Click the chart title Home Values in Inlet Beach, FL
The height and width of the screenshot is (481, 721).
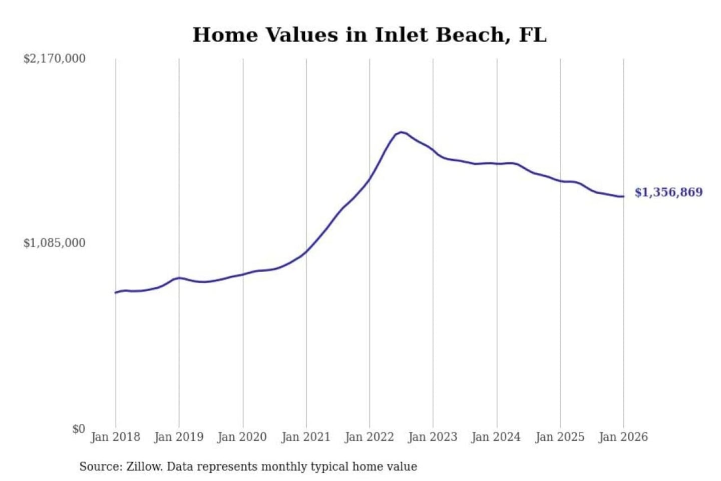370,35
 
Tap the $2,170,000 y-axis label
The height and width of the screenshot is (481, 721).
54,59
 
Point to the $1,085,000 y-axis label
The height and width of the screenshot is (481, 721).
54,243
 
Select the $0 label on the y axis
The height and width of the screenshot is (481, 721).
79,429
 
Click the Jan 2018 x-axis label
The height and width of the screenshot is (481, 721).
115,437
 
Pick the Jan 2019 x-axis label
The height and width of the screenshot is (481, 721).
179,437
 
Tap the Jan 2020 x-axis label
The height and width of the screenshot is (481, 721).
242,437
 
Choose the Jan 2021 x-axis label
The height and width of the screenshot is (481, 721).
306,437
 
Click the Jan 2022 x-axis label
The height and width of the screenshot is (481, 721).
370,437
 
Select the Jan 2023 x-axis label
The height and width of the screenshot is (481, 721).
433,437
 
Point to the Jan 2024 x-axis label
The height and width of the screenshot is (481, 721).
496,437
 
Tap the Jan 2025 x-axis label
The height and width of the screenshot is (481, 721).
560,437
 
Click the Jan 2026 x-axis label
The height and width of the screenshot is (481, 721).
623,437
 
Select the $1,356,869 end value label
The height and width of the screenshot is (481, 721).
668,192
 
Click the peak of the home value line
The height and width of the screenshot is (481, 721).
401,132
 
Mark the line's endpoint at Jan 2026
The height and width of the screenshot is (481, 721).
623,196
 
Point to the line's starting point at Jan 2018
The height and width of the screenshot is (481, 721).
116,293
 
